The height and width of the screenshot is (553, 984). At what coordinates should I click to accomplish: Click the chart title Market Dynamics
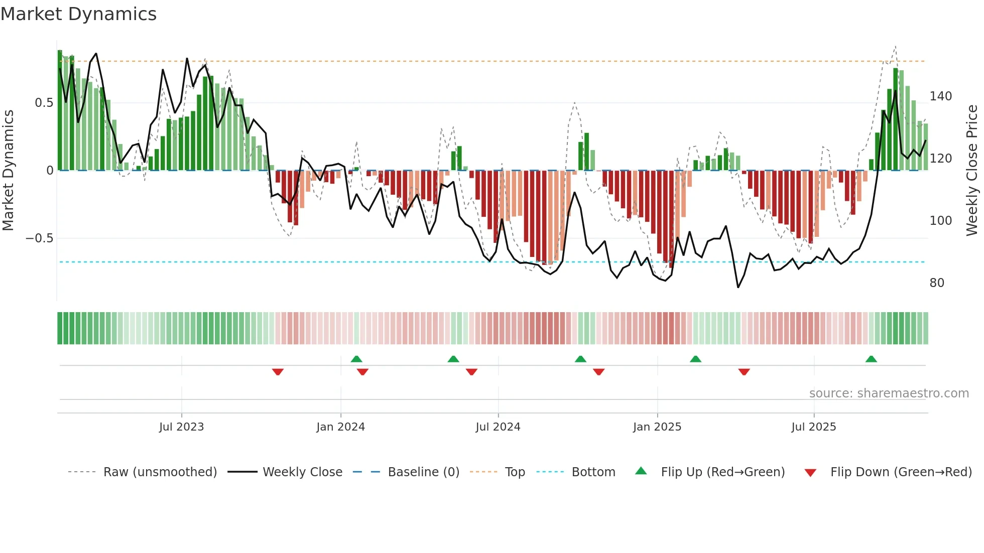[79, 14]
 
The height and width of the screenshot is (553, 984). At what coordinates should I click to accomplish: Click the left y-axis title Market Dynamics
[8, 171]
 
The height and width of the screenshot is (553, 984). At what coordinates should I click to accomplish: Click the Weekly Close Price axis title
[972, 171]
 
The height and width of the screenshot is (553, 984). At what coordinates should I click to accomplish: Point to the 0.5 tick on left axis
[44, 103]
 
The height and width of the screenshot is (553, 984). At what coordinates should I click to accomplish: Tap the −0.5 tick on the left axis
[40, 238]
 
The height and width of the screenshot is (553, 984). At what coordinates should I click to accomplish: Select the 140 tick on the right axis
[940, 96]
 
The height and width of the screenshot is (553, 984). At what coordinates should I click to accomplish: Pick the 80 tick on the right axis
[937, 283]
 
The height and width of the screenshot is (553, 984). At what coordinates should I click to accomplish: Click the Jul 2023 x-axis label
[181, 427]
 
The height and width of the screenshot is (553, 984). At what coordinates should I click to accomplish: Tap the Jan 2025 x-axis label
[657, 427]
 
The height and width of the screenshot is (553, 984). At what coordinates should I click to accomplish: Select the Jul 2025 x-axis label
[813, 427]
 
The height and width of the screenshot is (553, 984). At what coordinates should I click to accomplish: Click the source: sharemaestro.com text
[889, 393]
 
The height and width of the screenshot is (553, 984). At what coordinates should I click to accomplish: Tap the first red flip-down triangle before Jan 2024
[278, 372]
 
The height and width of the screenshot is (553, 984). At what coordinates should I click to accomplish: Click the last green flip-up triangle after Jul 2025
[871, 359]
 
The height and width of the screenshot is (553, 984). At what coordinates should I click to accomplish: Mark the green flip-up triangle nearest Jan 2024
[356, 359]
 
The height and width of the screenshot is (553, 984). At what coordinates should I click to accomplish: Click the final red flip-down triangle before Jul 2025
[744, 372]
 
